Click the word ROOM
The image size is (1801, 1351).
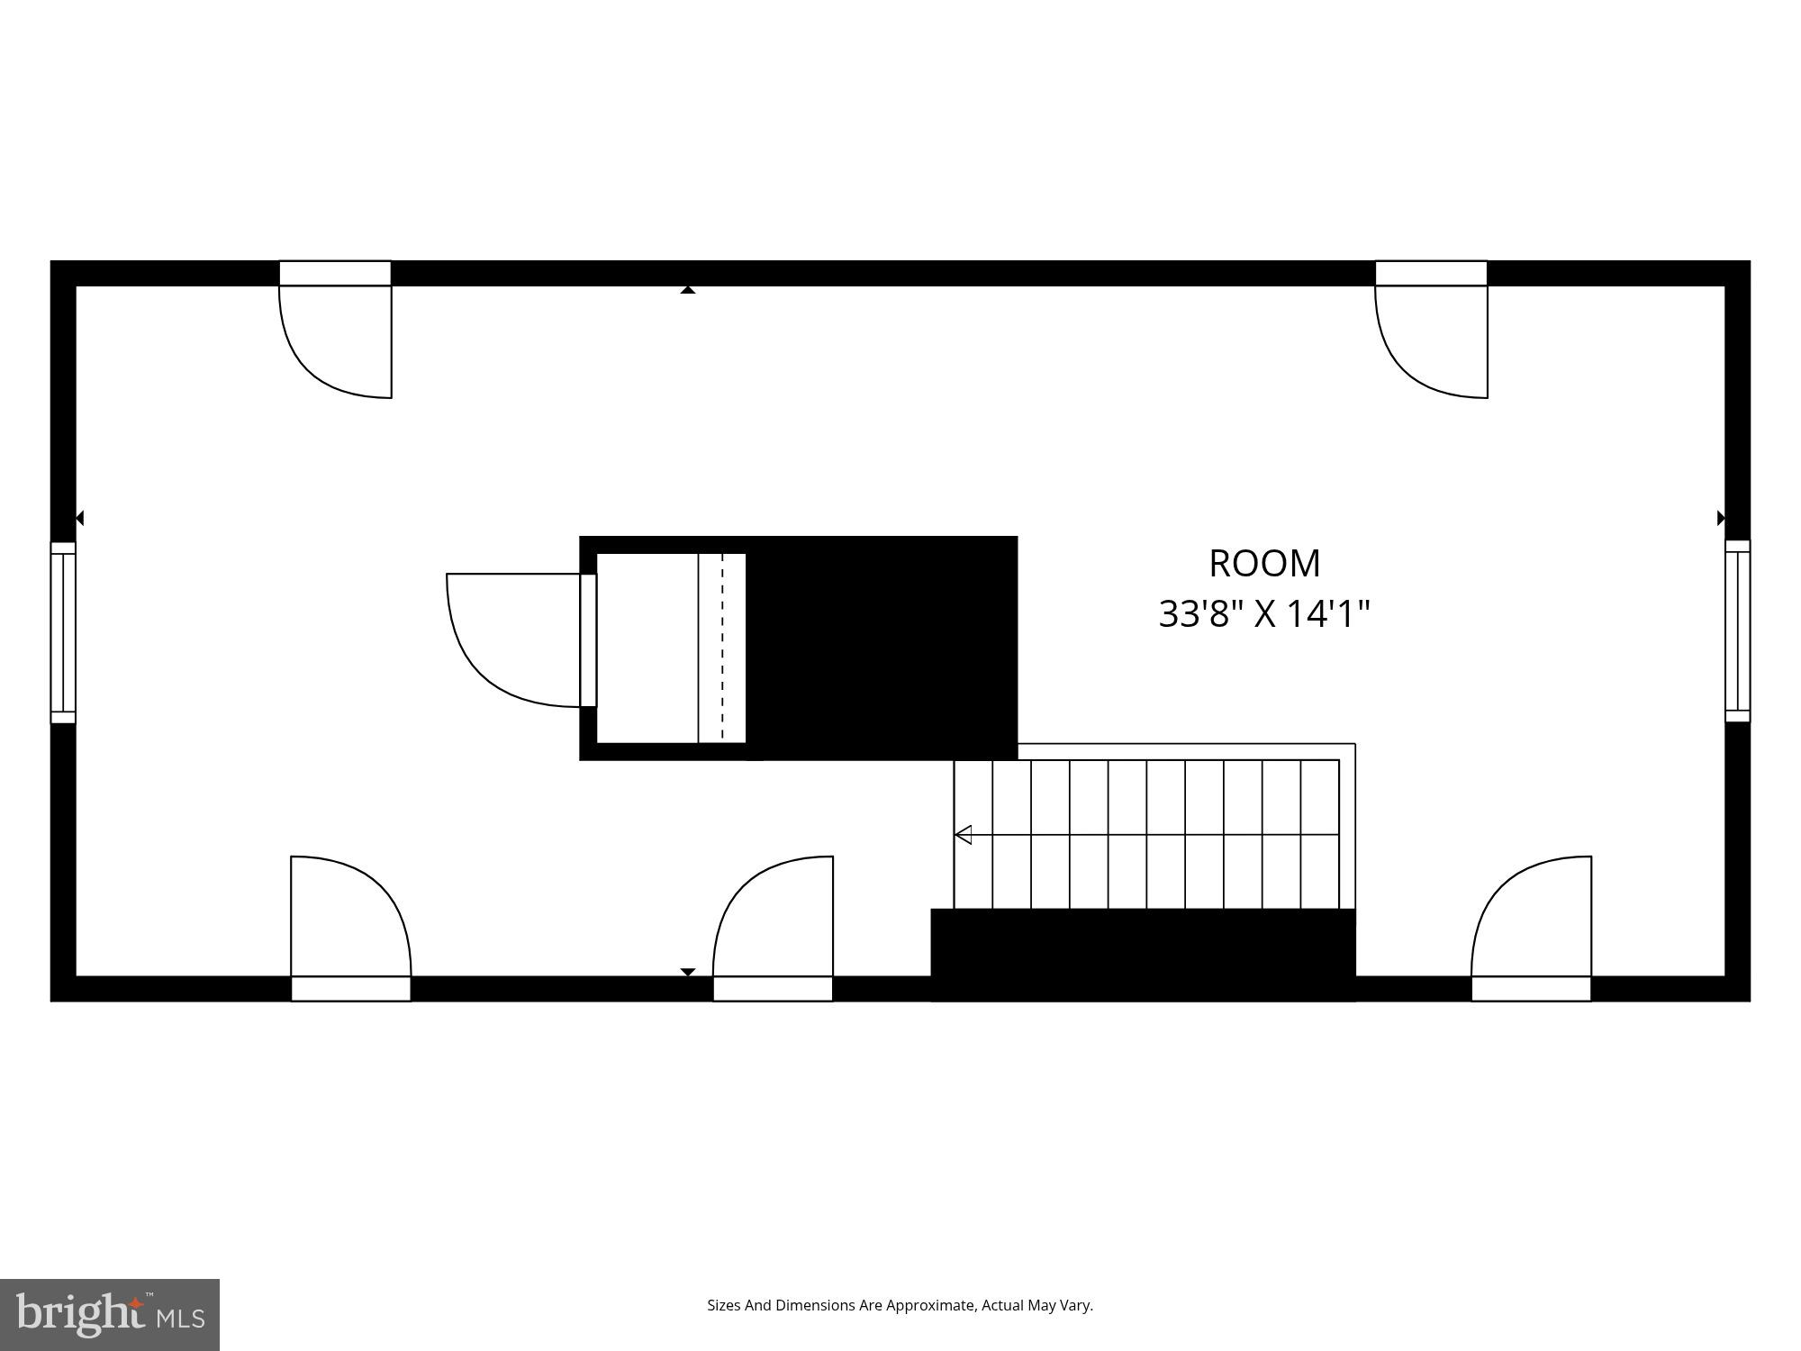tap(1264, 564)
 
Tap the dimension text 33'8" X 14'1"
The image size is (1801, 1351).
tap(1264, 614)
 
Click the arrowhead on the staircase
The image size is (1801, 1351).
tap(964, 835)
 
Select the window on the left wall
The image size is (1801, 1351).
tap(63, 632)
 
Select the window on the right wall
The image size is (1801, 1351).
tap(1737, 630)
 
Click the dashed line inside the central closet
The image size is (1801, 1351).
tap(722, 648)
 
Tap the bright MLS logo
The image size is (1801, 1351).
tap(110, 1315)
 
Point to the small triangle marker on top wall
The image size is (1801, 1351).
tap(688, 290)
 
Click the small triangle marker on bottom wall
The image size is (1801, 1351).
tap(688, 972)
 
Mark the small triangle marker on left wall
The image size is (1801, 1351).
tap(80, 518)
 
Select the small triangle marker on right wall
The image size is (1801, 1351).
tap(1721, 518)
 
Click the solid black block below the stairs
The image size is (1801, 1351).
tap(1142, 955)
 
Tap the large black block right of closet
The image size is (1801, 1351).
tap(882, 648)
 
